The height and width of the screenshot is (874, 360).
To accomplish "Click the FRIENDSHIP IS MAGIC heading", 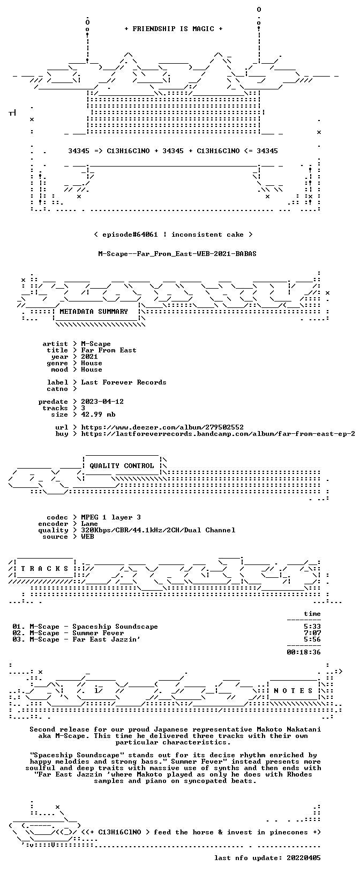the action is [x=174, y=29].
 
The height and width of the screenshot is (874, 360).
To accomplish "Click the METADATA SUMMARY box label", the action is [x=94, y=312].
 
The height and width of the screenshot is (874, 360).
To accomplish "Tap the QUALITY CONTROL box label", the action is [x=122, y=466].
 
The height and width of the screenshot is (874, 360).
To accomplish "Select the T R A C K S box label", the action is [x=45, y=569].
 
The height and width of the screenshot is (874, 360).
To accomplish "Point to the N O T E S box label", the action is [x=293, y=691].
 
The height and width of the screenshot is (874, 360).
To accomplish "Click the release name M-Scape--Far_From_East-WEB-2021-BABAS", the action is [x=177, y=254].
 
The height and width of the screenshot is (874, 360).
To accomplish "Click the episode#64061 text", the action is [x=130, y=235].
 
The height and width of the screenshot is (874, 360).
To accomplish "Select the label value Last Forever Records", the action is [x=124, y=382].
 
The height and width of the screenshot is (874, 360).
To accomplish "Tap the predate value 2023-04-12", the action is [x=102, y=402].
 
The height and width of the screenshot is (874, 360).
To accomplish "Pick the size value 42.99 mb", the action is [x=99, y=415].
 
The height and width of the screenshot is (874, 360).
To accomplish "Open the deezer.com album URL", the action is [x=162, y=427].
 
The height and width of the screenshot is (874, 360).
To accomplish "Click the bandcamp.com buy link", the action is [x=218, y=434].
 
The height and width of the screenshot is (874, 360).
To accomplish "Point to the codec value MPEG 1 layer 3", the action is [x=111, y=517].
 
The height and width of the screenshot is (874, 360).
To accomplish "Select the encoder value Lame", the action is [x=89, y=524].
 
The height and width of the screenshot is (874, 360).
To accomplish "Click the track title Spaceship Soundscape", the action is [x=115, y=627].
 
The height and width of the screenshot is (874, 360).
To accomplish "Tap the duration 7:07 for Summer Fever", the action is [x=312, y=633].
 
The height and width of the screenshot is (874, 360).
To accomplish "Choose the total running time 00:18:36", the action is [x=304, y=652].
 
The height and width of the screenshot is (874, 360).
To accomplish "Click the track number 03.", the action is [x=18, y=639].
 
